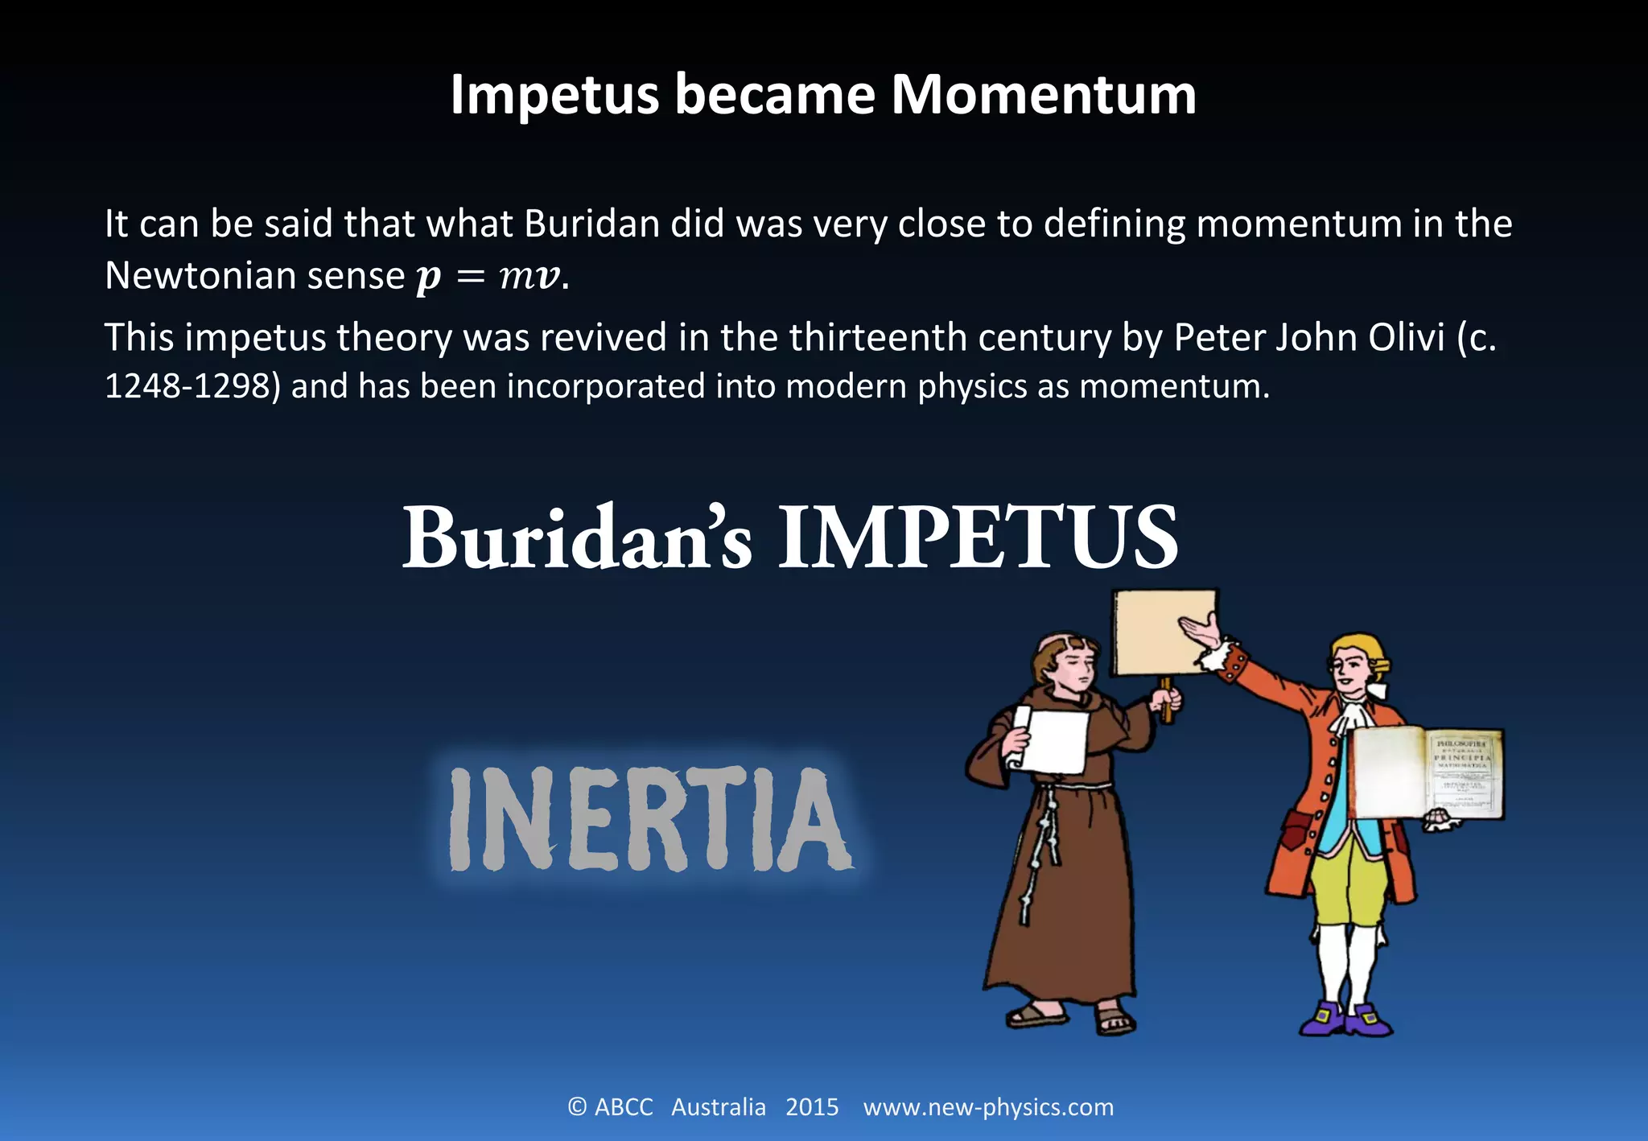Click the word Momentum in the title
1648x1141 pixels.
click(1043, 95)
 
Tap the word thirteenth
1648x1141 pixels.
click(878, 337)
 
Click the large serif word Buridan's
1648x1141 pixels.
click(577, 538)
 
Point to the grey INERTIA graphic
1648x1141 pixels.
click(649, 819)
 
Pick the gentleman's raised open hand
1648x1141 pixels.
click(1202, 632)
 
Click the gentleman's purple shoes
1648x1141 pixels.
click(1345, 1019)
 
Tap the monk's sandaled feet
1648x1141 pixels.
click(1070, 1017)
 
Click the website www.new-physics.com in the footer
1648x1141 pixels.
click(988, 1107)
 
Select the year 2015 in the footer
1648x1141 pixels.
click(812, 1107)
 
